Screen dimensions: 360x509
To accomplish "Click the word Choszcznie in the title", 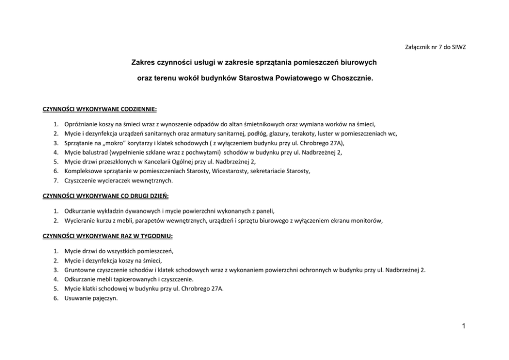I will (355, 81).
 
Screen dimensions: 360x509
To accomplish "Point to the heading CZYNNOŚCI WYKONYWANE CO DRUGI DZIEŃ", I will (105, 196).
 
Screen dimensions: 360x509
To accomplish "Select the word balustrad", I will (93, 152).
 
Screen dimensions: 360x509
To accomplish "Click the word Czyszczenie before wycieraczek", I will (81, 181).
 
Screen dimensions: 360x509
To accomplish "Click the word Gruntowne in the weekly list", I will (80, 270).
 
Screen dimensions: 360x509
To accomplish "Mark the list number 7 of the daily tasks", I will (55, 181).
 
